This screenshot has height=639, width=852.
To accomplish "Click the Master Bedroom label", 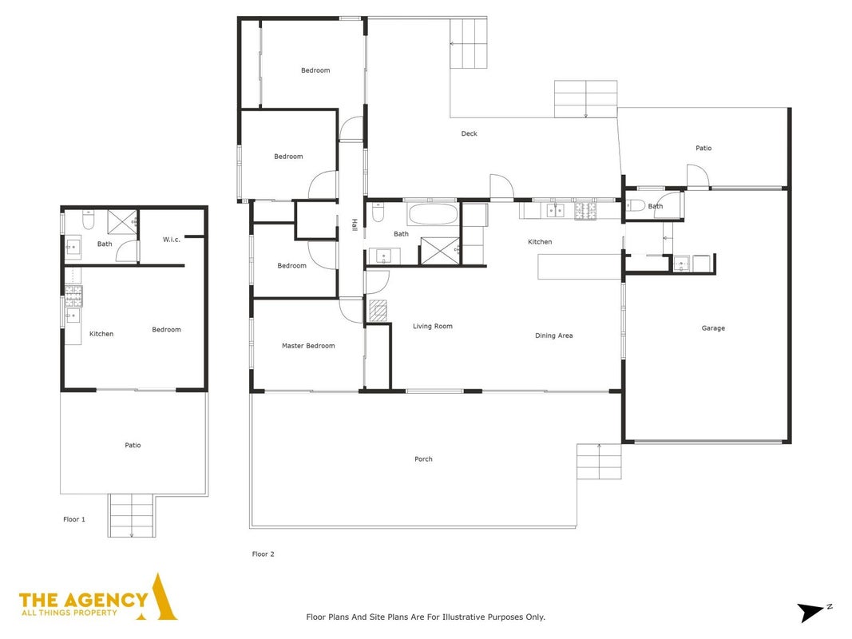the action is click(308, 346).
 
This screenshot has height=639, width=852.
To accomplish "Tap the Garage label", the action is click(713, 328).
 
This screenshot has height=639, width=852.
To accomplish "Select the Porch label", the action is click(423, 459).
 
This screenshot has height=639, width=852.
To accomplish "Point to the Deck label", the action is click(469, 133).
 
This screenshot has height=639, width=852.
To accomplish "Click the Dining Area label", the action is click(553, 335).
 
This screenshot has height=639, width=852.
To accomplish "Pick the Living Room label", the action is click(433, 327).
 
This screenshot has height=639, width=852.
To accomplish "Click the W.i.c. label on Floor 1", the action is click(171, 240).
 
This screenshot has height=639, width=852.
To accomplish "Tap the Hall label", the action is click(355, 225).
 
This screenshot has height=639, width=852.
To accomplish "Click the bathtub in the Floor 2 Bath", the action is click(432, 213).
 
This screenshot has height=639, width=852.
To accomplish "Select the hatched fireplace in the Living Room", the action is click(378, 310).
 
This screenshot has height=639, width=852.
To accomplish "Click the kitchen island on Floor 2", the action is click(579, 267).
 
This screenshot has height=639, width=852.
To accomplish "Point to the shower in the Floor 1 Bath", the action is click(122, 222).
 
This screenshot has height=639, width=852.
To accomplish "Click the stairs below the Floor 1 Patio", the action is click(132, 515).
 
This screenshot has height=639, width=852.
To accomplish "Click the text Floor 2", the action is click(263, 554).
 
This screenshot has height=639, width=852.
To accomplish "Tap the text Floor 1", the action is click(74, 519).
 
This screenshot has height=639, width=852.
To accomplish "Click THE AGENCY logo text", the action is click(83, 600).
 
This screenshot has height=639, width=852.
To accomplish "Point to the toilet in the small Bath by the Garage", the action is click(635, 205).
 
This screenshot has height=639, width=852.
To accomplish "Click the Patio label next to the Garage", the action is click(703, 148).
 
